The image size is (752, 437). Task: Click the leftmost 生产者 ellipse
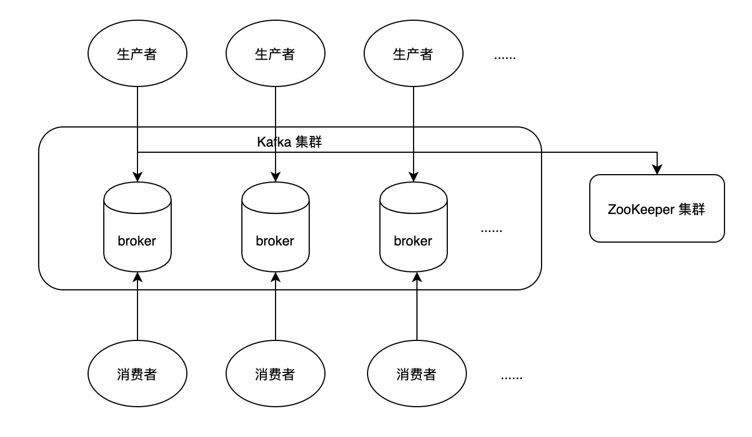(x=137, y=54)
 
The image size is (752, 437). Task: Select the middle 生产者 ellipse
(x=276, y=54)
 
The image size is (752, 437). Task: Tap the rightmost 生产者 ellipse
(x=414, y=54)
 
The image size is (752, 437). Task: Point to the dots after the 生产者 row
(x=505, y=57)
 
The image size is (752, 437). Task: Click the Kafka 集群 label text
(x=289, y=142)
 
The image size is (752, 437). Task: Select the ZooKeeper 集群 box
(x=657, y=208)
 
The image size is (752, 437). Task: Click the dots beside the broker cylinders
(x=492, y=230)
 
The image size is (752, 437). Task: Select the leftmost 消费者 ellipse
(x=137, y=374)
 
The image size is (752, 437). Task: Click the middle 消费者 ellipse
(x=276, y=374)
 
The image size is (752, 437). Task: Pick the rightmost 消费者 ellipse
(x=417, y=374)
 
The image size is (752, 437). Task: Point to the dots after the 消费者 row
(x=511, y=377)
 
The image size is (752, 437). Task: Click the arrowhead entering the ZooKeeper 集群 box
(x=657, y=170)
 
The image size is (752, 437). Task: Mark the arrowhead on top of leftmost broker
(x=137, y=177)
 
